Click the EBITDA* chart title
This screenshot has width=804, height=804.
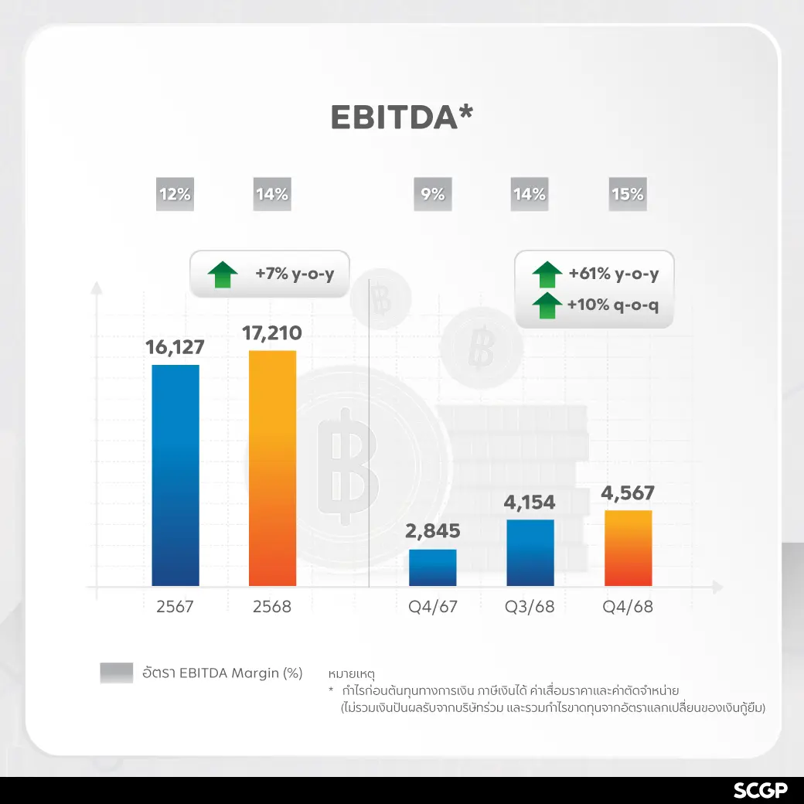401,117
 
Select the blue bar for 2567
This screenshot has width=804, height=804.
175,475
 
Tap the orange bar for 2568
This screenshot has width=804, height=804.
272,468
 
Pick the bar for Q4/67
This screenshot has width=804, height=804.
433,567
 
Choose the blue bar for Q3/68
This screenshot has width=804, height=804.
530,552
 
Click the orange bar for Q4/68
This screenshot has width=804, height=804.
628,547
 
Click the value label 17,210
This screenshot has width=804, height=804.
272,333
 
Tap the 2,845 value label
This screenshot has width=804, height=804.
433,531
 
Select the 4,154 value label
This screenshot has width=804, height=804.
530,502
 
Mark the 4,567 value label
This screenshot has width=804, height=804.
628,492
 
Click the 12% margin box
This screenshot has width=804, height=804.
175,195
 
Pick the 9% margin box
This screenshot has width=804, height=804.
433,195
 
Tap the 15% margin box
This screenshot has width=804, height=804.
627,195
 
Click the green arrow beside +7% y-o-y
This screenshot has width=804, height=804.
223,274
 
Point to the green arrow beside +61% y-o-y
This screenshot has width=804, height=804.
547,274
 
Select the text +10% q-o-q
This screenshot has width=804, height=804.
613,305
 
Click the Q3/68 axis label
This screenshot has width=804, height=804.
530,606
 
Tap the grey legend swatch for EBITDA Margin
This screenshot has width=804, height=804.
117,673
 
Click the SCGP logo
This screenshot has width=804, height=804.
760,790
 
